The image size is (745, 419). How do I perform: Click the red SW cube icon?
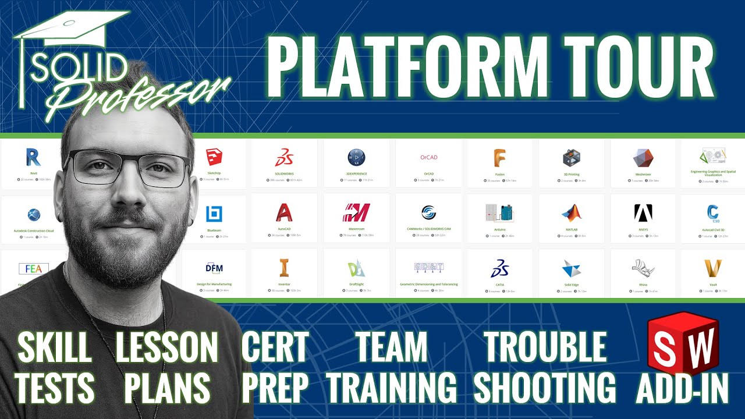[x=683, y=349]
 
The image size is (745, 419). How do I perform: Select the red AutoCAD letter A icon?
[x=284, y=212]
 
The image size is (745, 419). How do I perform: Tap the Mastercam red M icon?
[x=356, y=213]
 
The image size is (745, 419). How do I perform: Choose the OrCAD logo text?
[x=428, y=158]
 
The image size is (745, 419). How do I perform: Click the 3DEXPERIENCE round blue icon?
[x=356, y=157]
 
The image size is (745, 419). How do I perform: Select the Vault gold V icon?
[x=712, y=268]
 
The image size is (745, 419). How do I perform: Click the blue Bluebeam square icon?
[x=214, y=214]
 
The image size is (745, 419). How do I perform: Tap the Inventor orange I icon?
[x=284, y=268]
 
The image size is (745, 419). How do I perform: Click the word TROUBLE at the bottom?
[x=545, y=349]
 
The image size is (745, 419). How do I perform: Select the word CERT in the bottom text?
[x=275, y=349]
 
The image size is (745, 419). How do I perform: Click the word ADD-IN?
[x=682, y=388]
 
